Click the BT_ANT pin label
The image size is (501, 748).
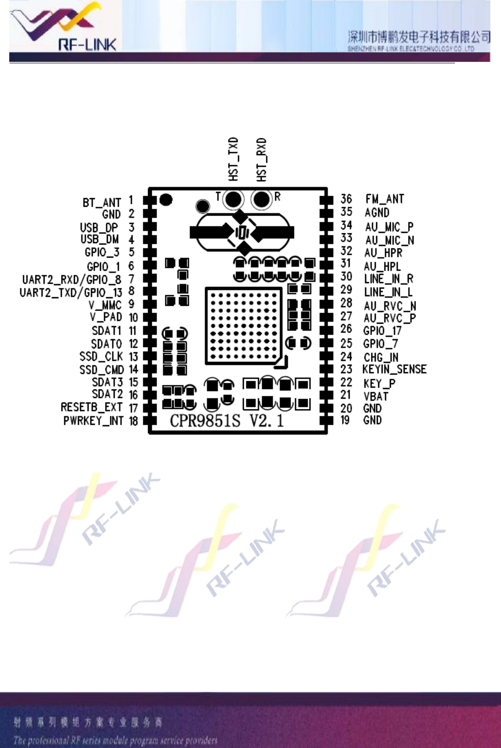(102, 202)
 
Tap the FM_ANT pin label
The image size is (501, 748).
(384, 199)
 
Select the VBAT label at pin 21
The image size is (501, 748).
(376, 396)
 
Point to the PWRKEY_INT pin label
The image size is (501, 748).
(93, 421)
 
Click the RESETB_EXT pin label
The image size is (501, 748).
(92, 407)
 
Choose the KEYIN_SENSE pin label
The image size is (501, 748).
(394, 370)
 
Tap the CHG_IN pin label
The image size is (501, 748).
(381, 357)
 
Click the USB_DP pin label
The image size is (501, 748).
(99, 227)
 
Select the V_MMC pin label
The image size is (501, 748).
(105, 305)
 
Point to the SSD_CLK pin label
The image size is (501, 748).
(101, 357)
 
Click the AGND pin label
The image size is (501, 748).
(377, 213)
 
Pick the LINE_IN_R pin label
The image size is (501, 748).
(388, 279)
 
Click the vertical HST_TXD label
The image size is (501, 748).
(234, 159)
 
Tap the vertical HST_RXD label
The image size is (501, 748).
(262, 160)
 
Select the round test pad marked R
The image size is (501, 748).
(262, 199)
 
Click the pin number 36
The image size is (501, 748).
(346, 199)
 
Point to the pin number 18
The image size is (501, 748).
(133, 421)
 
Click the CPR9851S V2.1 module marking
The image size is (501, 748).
(226, 420)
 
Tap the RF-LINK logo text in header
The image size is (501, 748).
(87, 45)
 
